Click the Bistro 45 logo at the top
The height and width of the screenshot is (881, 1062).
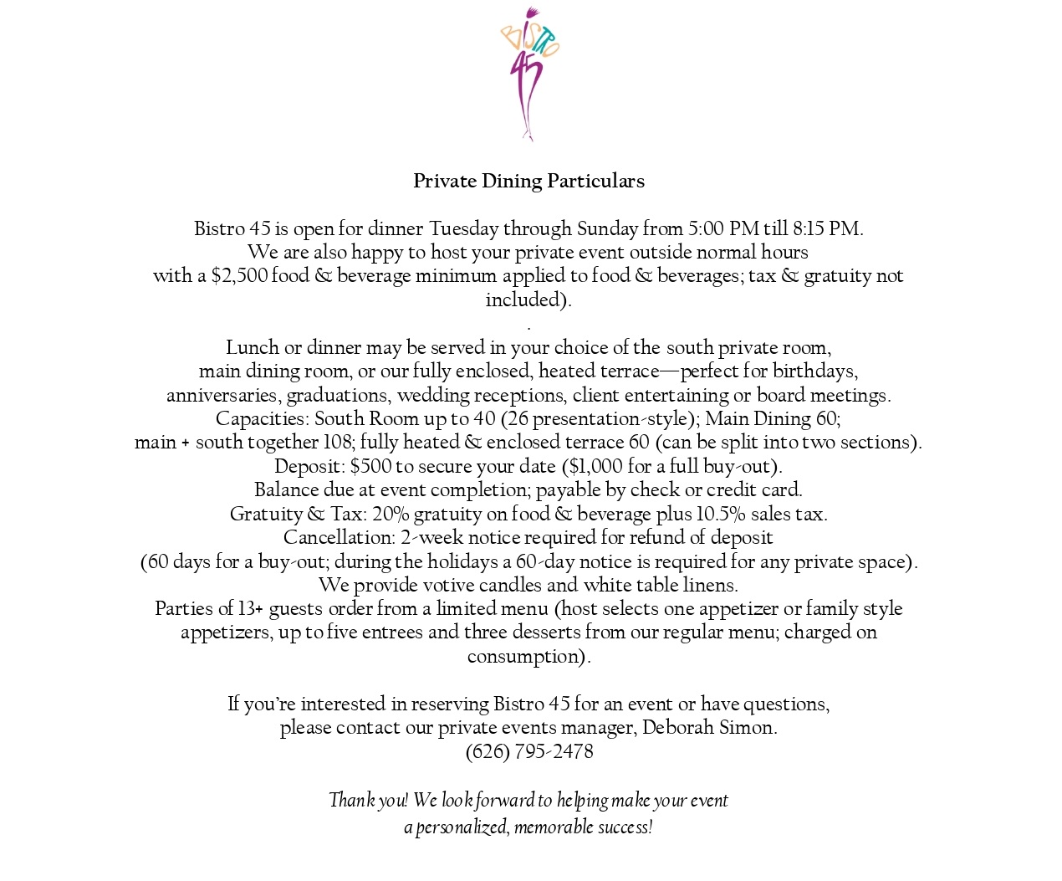(x=529, y=74)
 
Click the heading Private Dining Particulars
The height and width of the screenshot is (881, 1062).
(x=528, y=182)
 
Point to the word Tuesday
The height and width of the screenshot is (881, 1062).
(x=464, y=229)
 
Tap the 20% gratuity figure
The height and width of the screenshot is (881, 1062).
(x=391, y=515)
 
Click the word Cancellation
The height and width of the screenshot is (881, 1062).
(x=338, y=538)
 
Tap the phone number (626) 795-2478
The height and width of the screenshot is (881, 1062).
(x=529, y=752)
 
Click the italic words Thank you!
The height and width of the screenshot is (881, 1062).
(x=368, y=801)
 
